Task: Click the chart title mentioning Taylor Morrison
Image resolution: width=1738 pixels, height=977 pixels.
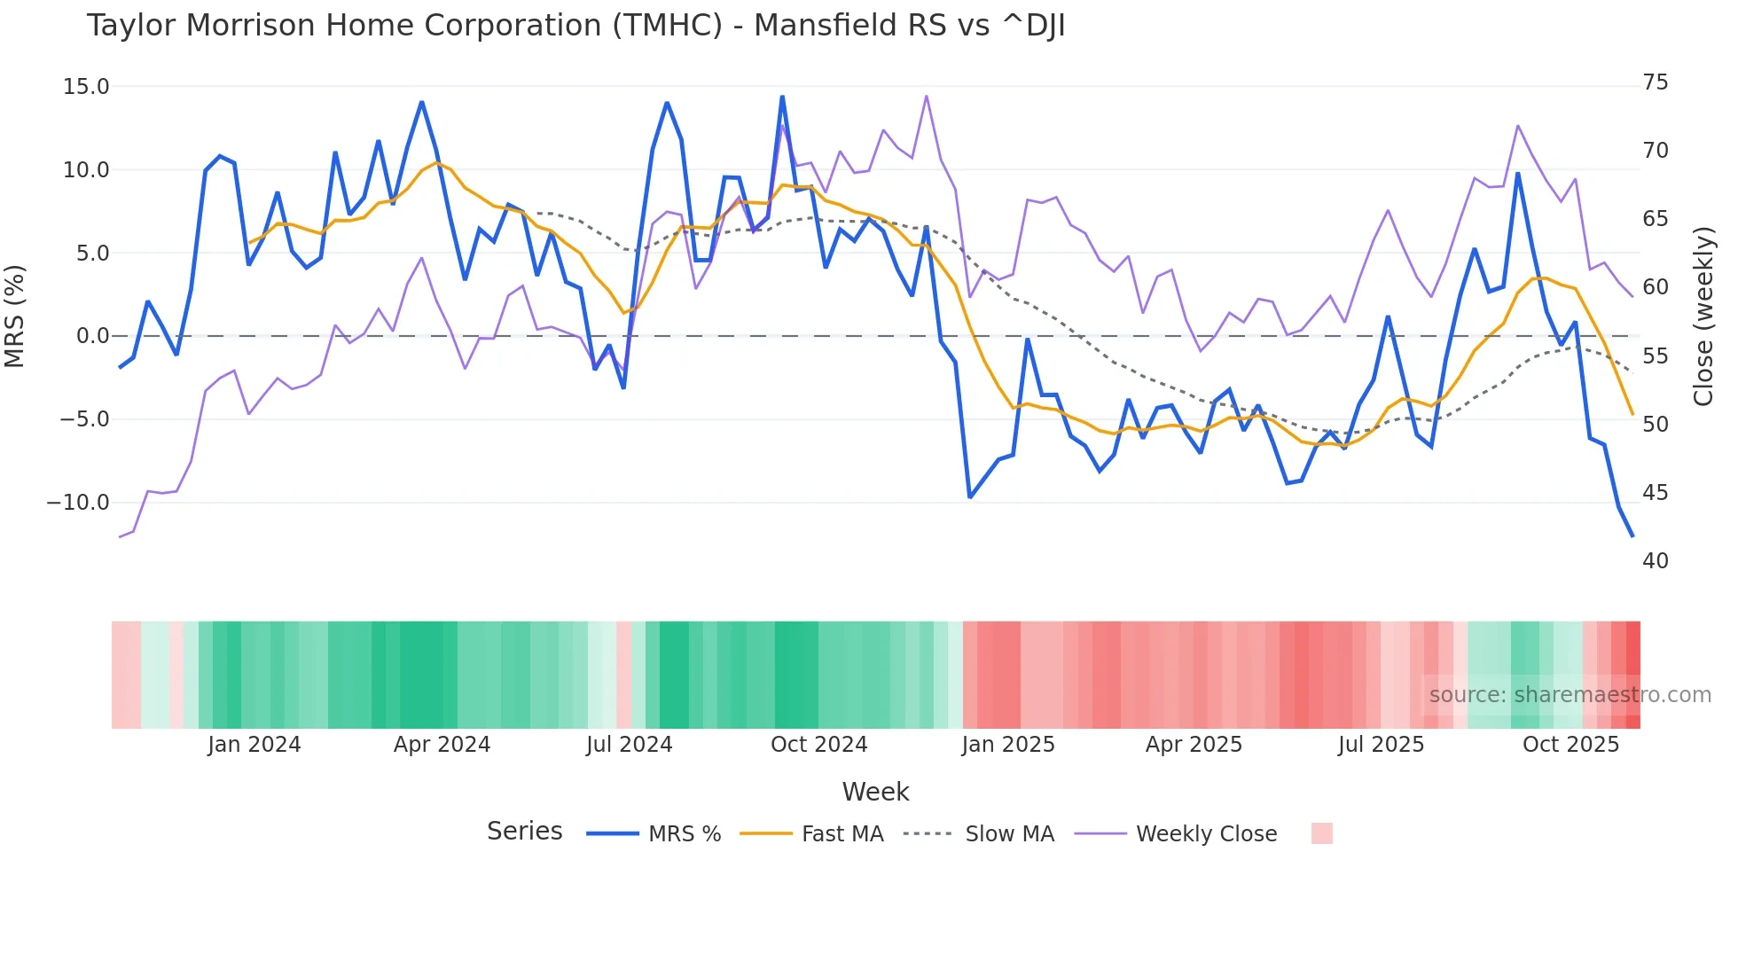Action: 575,26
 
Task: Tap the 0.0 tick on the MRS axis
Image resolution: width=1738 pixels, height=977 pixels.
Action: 92,336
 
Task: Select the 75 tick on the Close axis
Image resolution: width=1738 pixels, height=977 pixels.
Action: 1656,82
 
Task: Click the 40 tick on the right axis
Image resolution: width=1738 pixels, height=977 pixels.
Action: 1656,561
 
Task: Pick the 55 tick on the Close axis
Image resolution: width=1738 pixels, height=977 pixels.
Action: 1656,356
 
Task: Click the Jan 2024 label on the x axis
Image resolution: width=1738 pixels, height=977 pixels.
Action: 254,745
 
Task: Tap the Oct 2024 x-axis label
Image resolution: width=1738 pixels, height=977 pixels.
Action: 818,745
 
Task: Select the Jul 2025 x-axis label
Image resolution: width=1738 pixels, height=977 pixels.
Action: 1381,745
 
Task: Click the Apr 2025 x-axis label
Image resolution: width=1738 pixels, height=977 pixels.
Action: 1194,745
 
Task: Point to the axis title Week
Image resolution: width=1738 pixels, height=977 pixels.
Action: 875,792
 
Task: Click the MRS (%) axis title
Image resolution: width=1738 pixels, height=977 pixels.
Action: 15,316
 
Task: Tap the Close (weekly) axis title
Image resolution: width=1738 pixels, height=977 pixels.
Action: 1703,316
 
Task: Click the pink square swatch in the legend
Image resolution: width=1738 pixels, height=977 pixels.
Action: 1321,833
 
